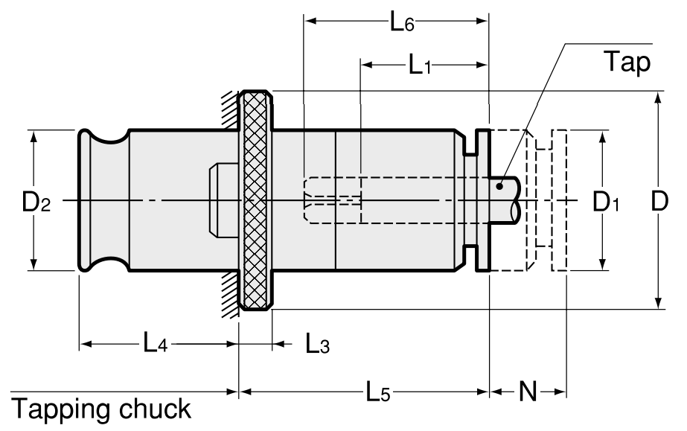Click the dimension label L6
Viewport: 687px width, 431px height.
point(402,22)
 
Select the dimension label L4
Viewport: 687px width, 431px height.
point(156,344)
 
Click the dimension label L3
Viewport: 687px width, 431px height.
point(316,344)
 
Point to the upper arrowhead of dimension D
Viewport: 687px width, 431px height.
point(658,98)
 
